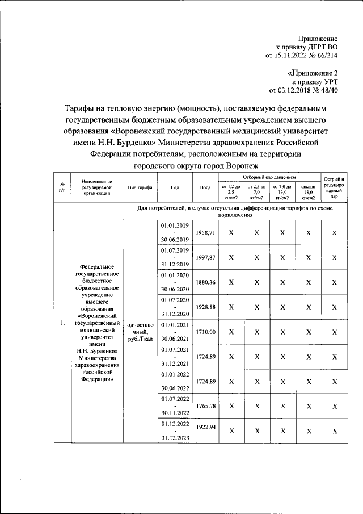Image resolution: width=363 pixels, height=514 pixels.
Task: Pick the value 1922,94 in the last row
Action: click(x=205, y=426)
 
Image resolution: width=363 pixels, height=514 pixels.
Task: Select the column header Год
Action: click(x=175, y=187)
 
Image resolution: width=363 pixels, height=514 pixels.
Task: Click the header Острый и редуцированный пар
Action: click(x=334, y=187)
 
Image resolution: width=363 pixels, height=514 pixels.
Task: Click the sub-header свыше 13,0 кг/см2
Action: click(x=308, y=193)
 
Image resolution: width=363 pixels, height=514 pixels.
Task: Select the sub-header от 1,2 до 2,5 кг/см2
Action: click(x=231, y=193)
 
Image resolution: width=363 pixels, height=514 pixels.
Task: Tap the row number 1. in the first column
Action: click(x=62, y=323)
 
